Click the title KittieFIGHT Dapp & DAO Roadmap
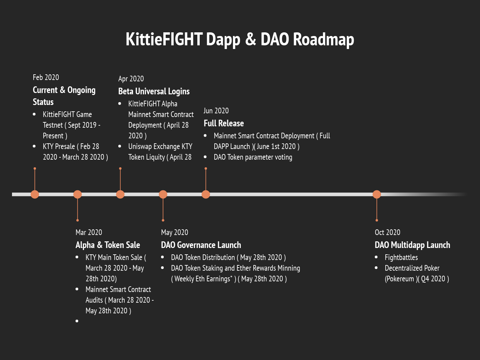point(240,40)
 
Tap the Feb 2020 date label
point(46,77)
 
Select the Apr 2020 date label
point(131,79)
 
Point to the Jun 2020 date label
point(216,111)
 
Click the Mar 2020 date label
point(89,232)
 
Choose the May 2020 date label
point(175,232)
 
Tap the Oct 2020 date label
point(387,232)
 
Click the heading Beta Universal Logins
point(154,91)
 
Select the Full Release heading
point(224,123)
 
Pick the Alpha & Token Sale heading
point(108,245)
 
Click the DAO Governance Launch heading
point(201,245)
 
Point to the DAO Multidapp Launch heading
point(412,245)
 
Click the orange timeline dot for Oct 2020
point(377,194)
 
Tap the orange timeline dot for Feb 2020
point(35,194)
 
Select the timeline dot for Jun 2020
point(206,194)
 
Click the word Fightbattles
point(401,257)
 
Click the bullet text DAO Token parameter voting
point(253,157)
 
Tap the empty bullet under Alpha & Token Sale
point(77,321)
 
